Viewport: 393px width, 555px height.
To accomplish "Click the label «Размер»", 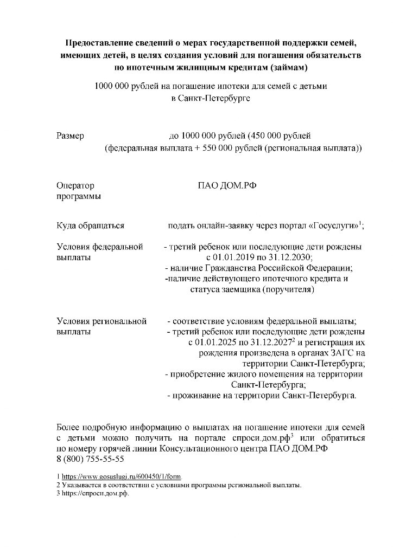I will coord(71,136).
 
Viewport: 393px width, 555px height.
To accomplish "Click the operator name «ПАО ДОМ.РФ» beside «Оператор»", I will coord(227,186).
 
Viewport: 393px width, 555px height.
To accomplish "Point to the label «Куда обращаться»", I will coord(91,225).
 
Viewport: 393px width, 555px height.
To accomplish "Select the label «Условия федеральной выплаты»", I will coord(100,252).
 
